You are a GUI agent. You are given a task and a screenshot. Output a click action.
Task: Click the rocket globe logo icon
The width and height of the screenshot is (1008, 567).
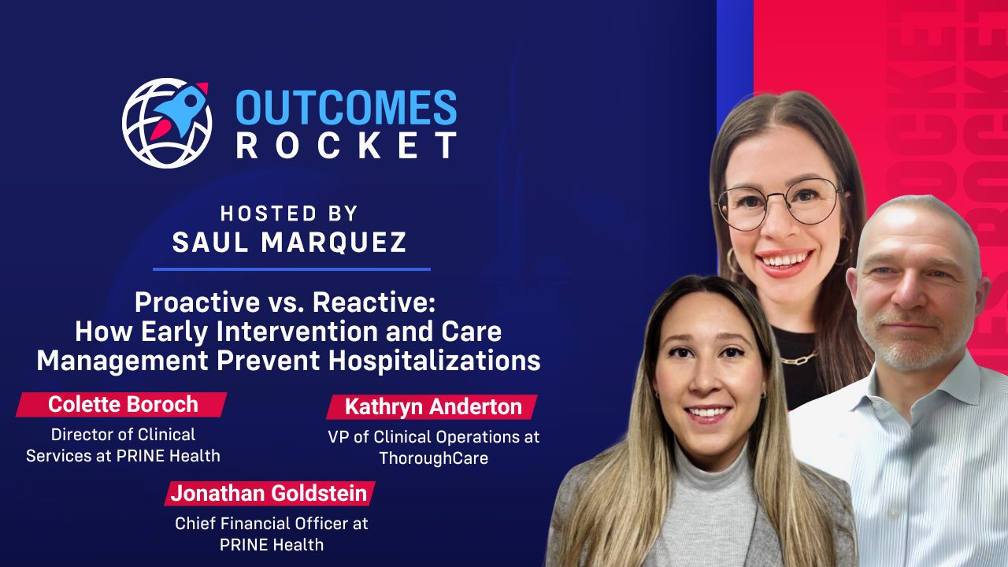pyautogui.click(x=166, y=123)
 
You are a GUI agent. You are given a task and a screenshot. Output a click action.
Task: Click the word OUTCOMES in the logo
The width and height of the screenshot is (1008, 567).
pyautogui.click(x=346, y=107)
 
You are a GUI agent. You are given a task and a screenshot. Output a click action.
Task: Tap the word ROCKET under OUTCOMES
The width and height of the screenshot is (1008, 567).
pyautogui.click(x=347, y=145)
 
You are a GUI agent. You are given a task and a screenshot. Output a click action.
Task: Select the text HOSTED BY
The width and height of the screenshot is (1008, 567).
pyautogui.click(x=289, y=213)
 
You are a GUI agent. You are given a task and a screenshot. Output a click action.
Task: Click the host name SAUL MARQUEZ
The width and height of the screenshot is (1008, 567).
pyautogui.click(x=290, y=242)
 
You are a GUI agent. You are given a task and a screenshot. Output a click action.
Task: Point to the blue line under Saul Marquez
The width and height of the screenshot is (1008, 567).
pyautogui.click(x=291, y=269)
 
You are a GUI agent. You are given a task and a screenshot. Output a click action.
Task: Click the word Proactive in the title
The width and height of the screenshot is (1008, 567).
pyautogui.click(x=197, y=302)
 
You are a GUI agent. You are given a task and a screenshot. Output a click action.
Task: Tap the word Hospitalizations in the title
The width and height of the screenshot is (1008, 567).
pyautogui.click(x=434, y=361)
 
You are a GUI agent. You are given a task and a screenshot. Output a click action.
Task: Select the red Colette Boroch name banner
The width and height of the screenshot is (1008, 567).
pyautogui.click(x=121, y=405)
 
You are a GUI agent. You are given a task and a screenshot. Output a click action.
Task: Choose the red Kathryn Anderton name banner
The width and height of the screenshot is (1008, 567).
pyautogui.click(x=432, y=407)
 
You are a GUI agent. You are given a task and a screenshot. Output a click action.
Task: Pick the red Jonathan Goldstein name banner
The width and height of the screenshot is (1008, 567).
pyautogui.click(x=269, y=493)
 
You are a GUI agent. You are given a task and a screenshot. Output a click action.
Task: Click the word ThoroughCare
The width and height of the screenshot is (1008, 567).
pyautogui.click(x=434, y=458)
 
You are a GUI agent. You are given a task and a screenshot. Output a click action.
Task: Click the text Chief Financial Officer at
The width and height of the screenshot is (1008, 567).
pyautogui.click(x=272, y=524)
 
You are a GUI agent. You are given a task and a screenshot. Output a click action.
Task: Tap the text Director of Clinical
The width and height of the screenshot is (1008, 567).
pyautogui.click(x=123, y=434)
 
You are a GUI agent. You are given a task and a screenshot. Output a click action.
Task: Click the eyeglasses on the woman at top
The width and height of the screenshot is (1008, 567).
pyautogui.click(x=780, y=203)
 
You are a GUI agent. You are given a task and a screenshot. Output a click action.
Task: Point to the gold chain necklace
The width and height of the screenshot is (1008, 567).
pyautogui.click(x=799, y=358)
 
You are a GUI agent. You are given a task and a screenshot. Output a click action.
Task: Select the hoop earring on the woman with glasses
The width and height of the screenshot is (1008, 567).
pyautogui.click(x=731, y=261)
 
